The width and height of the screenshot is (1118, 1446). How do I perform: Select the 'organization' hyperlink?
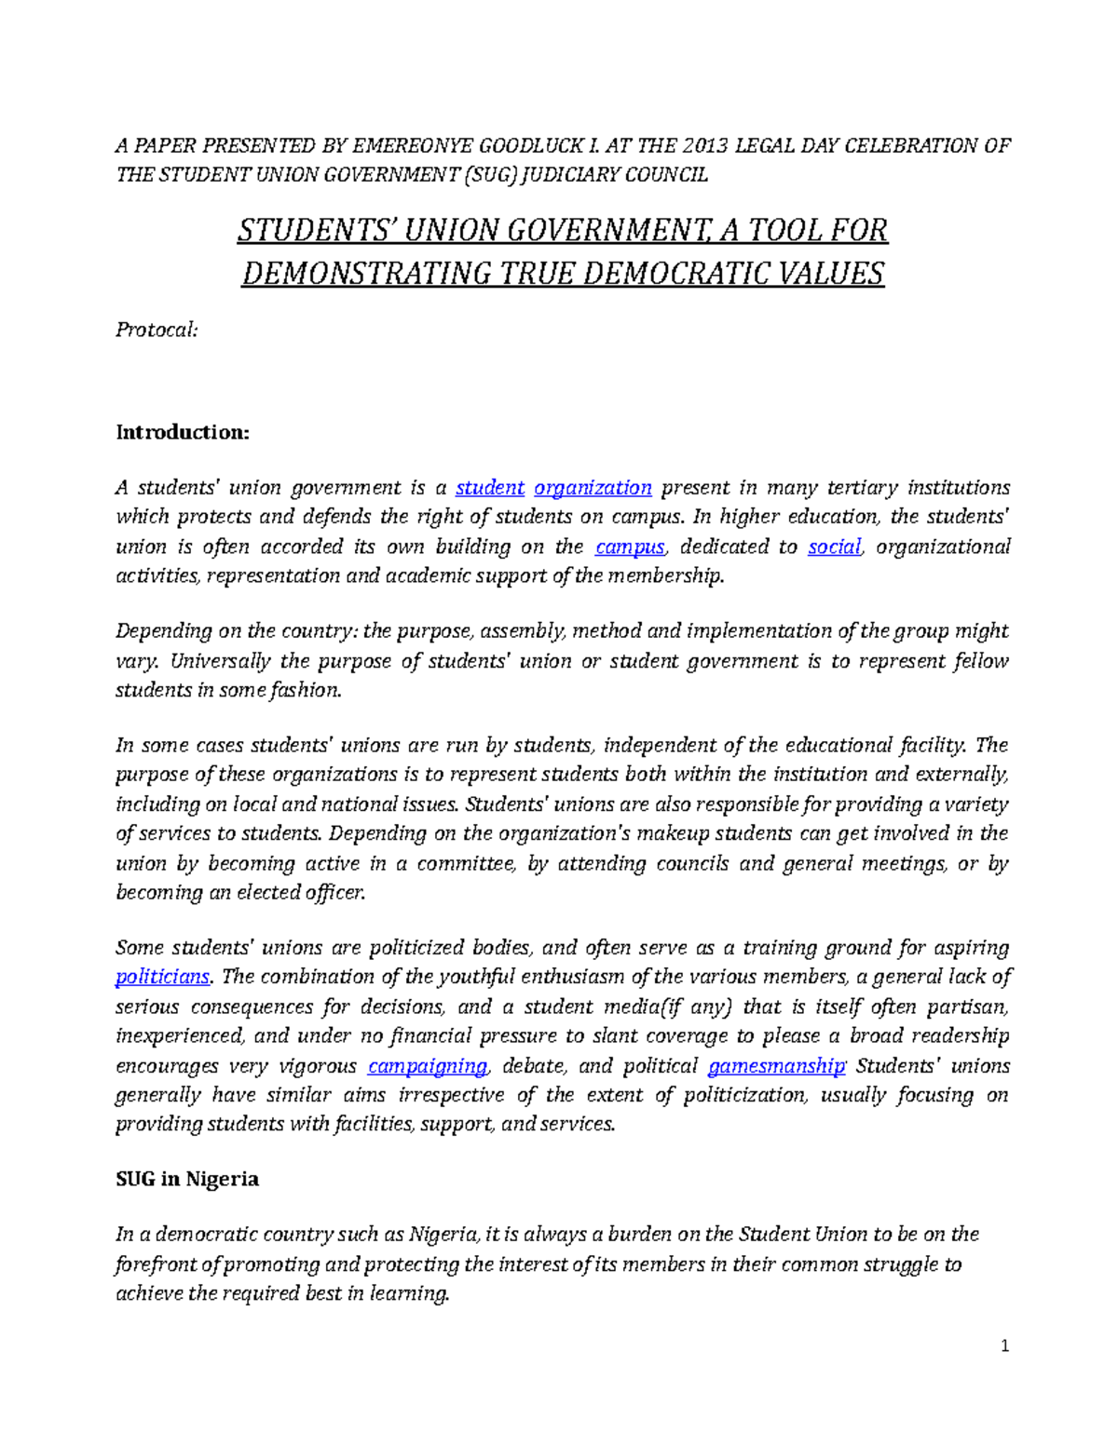[593, 488]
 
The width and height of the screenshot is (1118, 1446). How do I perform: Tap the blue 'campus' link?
[630, 547]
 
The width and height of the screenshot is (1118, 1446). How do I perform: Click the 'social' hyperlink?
[834, 547]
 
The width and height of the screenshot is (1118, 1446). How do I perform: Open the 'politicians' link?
[162, 977]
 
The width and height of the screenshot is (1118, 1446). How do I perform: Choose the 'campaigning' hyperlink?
[428, 1066]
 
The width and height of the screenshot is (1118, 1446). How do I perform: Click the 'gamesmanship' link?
[776, 1066]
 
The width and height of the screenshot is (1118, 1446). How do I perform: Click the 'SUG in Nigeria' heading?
[186, 1179]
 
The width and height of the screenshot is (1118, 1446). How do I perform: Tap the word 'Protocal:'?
[156, 330]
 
